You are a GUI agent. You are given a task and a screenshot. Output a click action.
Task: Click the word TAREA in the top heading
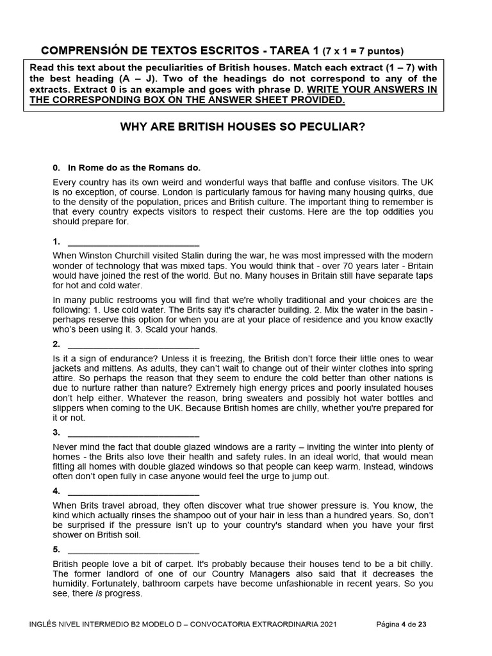coord(289,51)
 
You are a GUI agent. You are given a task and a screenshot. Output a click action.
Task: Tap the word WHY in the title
coord(133,127)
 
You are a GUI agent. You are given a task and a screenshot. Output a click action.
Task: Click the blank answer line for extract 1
coord(133,242)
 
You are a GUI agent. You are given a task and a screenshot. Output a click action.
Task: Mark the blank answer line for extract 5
coord(133,550)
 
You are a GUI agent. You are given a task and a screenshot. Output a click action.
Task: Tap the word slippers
coord(69,408)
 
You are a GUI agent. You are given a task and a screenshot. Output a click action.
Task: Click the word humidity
coord(71,584)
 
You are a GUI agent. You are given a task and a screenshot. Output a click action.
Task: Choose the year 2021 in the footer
coord(324,624)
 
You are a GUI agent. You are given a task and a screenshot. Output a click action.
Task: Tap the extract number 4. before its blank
coord(56,491)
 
